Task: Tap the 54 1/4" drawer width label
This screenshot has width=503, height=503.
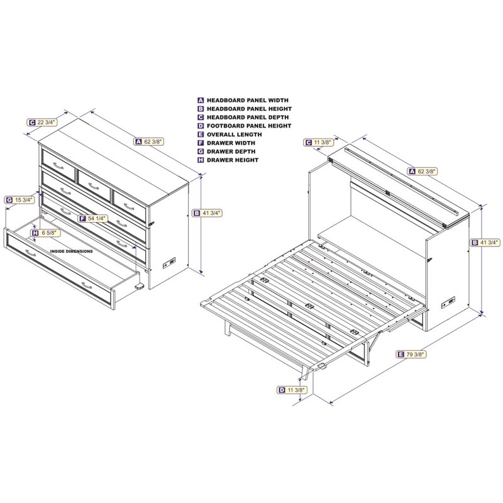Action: coord(93,218)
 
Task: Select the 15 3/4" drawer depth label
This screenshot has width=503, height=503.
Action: coord(20,200)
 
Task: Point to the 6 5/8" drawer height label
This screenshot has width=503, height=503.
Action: coord(45,233)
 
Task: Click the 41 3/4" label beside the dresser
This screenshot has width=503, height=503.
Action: coord(207,213)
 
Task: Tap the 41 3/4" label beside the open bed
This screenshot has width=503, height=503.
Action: coord(485,243)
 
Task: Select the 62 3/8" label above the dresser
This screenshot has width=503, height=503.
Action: coord(149,141)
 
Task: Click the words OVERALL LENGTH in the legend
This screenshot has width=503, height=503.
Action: coord(234,135)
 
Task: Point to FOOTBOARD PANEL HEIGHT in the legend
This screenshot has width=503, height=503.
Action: coord(249,126)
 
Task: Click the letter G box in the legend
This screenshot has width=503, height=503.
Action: coord(201,152)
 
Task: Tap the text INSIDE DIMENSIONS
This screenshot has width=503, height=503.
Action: coord(72,251)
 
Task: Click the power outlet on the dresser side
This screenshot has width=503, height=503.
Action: coord(169,263)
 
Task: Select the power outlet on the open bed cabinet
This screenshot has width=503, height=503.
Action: coord(448,302)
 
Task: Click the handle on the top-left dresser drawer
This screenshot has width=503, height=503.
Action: coord(58,166)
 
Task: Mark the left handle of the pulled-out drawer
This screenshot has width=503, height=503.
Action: coord(31,253)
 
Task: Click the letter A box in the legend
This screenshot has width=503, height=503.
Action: coord(201,100)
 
